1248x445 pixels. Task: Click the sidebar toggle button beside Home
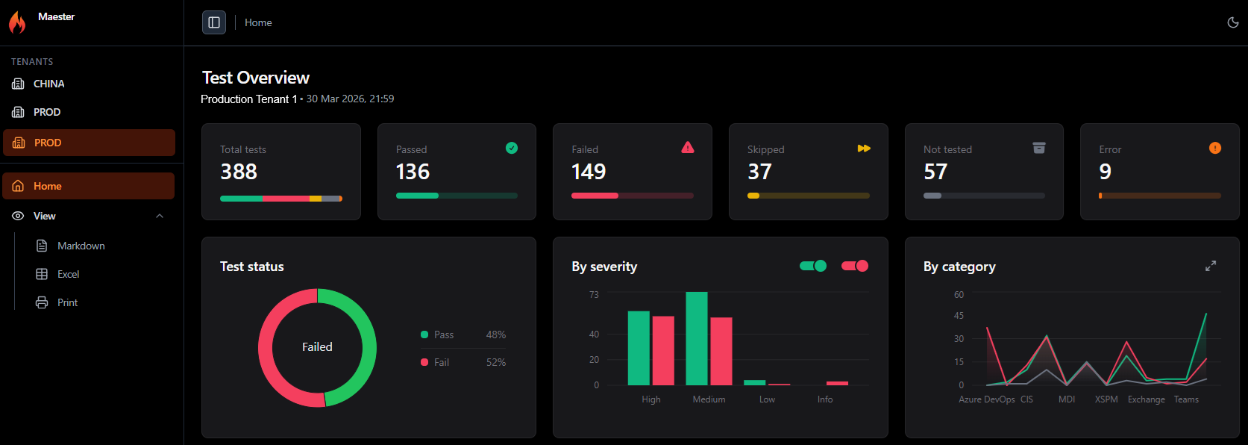click(214, 22)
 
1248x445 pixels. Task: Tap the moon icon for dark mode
click(1233, 22)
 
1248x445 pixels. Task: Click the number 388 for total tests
click(239, 172)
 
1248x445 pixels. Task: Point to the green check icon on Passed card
click(512, 148)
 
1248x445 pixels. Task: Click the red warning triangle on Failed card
click(688, 148)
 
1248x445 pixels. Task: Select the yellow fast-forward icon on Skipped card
click(864, 149)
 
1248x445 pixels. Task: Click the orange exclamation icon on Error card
click(1215, 148)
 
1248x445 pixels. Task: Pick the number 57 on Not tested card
click(935, 172)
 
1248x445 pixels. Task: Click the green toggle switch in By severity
click(813, 266)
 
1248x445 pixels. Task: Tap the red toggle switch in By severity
click(855, 266)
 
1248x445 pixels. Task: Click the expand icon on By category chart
click(1211, 266)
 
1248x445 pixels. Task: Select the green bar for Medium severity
click(697, 338)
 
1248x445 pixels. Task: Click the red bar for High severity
click(663, 351)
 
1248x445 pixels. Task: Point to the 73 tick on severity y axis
click(594, 294)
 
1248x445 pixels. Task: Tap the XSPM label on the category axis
click(1106, 399)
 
